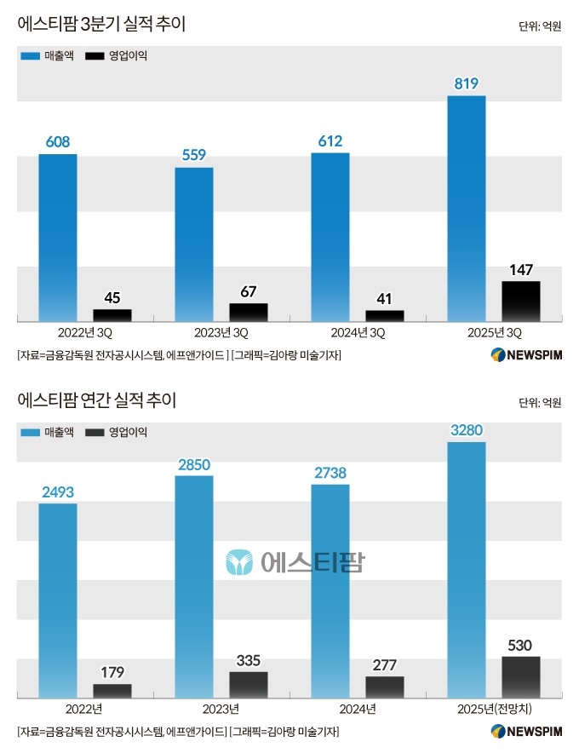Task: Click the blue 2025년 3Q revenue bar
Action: pos(466,209)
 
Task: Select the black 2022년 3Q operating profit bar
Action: pos(112,315)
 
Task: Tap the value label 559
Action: pos(194,155)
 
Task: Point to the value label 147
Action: pos(520,270)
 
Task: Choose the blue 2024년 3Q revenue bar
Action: pos(330,237)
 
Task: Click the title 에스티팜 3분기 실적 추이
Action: pos(101,26)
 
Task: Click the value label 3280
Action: pos(466,430)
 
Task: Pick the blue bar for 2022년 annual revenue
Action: pos(57,601)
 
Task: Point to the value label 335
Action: pos(248,660)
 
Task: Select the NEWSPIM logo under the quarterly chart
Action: pos(526,354)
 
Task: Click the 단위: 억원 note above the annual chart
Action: pos(540,403)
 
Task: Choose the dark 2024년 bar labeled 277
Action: pos(384,687)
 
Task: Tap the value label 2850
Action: pos(194,464)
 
